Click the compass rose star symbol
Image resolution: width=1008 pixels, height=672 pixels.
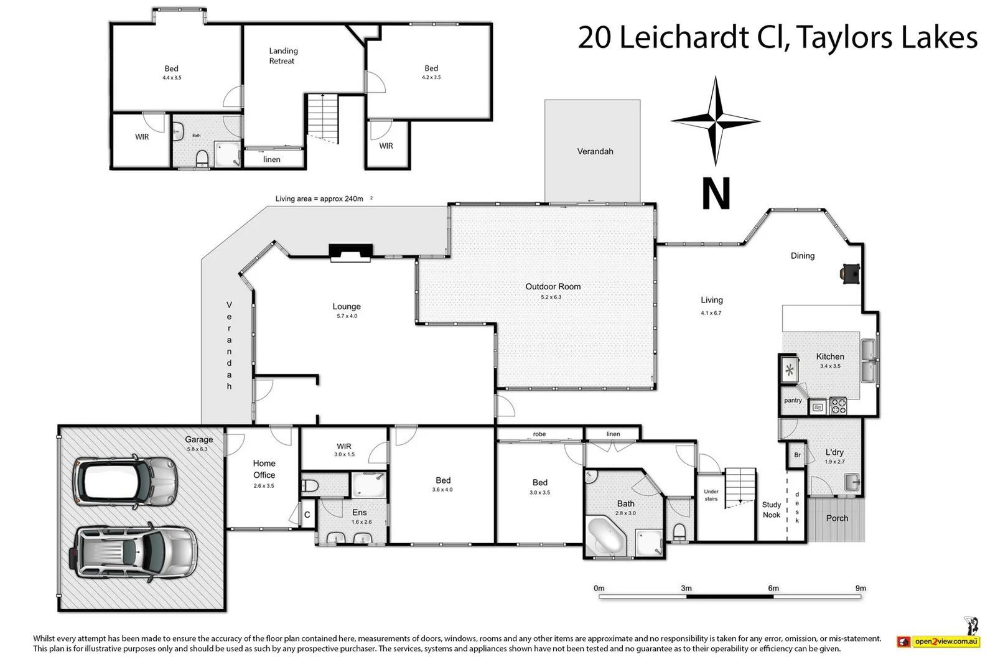tap(716, 121)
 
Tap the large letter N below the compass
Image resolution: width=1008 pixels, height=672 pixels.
tap(716, 194)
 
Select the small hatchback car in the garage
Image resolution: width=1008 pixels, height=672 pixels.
tap(125, 481)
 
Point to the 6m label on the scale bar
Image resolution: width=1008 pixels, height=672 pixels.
tap(773, 588)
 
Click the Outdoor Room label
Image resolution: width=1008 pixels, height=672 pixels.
tap(553, 287)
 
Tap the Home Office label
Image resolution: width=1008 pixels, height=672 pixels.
tap(264, 469)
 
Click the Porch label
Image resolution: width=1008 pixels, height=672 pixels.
tap(837, 518)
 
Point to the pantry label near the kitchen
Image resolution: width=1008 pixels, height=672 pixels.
tap(793, 400)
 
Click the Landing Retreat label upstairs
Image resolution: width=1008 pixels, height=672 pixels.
tap(283, 56)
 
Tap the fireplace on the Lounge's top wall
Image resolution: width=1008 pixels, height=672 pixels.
tap(351, 251)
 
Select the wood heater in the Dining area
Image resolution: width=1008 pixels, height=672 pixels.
tap(850, 273)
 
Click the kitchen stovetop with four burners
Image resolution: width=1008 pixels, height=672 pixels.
tap(838, 406)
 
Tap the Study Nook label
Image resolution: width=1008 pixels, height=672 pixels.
tap(772, 510)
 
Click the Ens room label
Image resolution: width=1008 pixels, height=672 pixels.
tap(359, 513)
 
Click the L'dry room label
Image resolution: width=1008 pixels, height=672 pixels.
tap(834, 452)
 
